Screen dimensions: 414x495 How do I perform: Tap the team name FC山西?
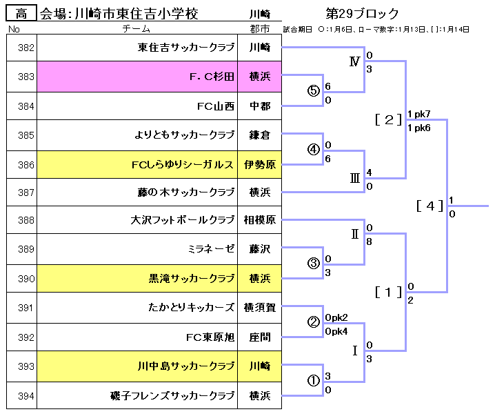click(216, 106)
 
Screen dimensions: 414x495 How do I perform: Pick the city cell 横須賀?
click(259, 308)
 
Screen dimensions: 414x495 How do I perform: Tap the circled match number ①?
click(314, 380)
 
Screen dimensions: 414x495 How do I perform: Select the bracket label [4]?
click(430, 205)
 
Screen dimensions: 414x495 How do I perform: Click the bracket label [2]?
click(388, 119)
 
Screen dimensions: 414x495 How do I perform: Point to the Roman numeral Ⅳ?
click(354, 62)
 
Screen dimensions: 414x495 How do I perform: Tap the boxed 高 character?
click(21, 14)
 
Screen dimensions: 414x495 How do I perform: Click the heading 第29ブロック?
click(361, 14)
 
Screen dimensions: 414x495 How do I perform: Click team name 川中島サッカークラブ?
click(186, 366)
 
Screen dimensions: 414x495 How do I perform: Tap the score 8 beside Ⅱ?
click(370, 241)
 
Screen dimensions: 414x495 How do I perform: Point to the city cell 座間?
click(259, 337)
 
